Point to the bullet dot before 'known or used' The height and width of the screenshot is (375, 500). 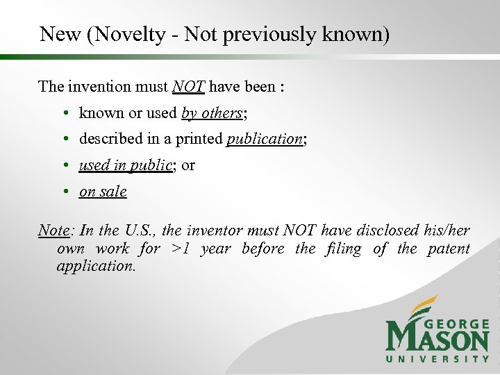[63, 113]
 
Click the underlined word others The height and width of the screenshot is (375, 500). [222, 113]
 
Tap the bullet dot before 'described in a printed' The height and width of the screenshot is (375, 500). [63, 140]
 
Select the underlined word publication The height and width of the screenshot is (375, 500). [265, 140]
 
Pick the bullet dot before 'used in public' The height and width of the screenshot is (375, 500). [63, 166]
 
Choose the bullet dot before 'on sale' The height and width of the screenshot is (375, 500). [63, 192]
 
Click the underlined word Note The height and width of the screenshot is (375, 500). [54, 231]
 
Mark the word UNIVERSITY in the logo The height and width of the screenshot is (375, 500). [438, 358]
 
